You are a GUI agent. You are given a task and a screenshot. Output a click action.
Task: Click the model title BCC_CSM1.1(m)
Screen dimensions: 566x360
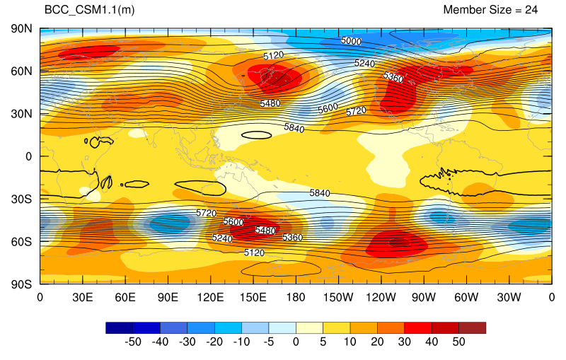[x=90, y=10]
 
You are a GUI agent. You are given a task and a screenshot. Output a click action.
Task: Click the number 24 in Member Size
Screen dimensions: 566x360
[x=531, y=10]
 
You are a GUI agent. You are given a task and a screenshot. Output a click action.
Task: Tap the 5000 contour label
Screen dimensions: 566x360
[x=351, y=41]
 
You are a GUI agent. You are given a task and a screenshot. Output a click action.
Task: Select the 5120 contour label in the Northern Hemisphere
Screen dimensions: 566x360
[x=273, y=56]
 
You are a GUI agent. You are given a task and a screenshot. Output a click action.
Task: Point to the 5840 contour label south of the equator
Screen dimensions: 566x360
[x=320, y=193]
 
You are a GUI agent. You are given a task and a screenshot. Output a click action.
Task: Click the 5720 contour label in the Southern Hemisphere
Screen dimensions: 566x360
[x=206, y=213]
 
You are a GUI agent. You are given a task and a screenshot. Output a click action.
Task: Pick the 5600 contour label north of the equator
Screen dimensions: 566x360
[x=328, y=108]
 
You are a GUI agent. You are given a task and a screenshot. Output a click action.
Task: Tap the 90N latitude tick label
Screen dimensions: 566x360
[x=21, y=29]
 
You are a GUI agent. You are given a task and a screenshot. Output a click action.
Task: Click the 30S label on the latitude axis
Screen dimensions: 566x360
[x=21, y=199]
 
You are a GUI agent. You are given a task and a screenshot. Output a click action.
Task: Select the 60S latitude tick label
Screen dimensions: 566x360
[x=21, y=242]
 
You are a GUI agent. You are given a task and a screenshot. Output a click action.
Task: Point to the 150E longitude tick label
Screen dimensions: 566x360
[x=253, y=298]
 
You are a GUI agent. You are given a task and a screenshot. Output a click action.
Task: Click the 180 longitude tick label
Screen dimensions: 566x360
[x=296, y=298]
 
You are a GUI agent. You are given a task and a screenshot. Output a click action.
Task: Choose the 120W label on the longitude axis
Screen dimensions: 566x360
[x=381, y=298]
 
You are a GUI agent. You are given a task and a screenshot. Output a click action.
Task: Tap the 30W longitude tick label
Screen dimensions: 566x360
[x=509, y=298]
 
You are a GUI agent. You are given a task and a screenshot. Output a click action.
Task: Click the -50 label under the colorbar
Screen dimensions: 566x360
[x=133, y=342]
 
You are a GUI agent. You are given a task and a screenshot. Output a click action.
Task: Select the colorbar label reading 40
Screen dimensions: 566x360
[x=432, y=342]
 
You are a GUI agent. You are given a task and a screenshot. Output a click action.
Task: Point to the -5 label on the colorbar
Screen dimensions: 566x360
[x=269, y=342]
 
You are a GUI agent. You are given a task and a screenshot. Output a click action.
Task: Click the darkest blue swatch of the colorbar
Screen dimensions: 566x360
[x=120, y=328]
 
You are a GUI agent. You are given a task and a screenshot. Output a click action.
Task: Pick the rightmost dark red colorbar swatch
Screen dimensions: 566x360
[x=472, y=328]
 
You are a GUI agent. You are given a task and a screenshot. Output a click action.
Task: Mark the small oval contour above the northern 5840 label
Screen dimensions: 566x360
[x=256, y=132]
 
